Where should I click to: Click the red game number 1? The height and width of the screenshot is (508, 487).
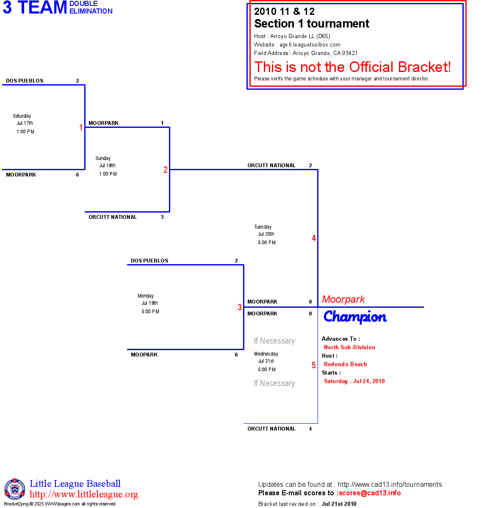81,127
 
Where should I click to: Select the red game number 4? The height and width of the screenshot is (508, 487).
314,238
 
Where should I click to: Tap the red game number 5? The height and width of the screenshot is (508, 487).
314,365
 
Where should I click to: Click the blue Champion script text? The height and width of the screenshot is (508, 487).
355,317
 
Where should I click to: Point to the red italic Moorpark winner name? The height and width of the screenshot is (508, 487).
343,299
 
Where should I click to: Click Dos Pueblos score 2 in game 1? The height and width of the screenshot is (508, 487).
77,81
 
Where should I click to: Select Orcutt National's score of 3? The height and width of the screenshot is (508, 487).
162,217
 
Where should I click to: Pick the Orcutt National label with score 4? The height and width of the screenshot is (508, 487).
271,429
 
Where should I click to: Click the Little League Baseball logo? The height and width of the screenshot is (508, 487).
15,489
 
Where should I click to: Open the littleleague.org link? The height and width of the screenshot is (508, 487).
84,494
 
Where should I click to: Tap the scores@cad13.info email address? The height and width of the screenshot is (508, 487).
370,493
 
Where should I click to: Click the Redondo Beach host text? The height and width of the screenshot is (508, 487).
346,364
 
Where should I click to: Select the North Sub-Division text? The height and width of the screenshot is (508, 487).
349,347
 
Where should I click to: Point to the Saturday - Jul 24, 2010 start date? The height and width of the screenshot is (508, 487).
354,381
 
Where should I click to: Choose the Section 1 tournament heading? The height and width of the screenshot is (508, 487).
312,24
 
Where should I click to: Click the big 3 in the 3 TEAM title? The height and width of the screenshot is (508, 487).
7,8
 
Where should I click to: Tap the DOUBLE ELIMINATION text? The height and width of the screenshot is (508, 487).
91,8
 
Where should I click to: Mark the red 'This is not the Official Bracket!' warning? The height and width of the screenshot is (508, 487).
352,67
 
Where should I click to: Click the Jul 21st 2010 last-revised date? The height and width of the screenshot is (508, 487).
339,504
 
